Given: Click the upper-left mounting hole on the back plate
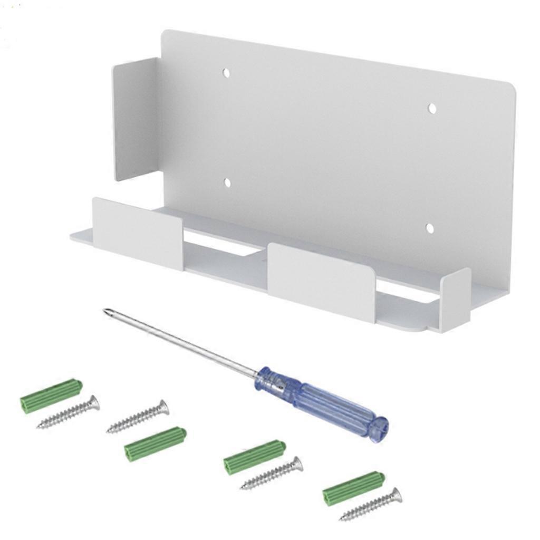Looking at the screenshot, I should (226, 73).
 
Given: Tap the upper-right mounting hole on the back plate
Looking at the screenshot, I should (432, 108).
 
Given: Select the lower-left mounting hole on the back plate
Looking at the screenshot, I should (227, 183).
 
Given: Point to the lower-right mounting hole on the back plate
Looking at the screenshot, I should (430, 228).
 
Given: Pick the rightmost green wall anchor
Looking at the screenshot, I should (353, 488).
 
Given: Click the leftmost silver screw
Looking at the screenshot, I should (68, 412).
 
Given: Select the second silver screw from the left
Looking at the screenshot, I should (138, 417).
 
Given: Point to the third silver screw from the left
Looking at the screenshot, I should (272, 474).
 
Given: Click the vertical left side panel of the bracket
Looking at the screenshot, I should (135, 119).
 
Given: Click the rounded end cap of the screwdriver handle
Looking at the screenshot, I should (379, 428).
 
